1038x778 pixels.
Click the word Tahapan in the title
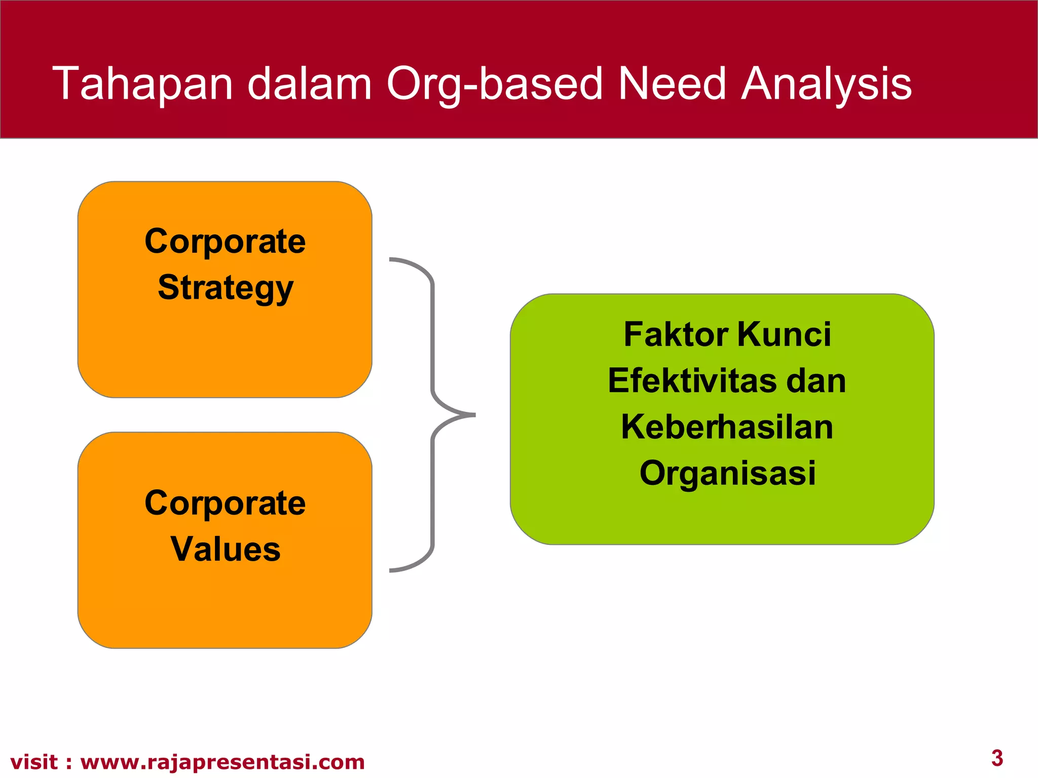pos(142,84)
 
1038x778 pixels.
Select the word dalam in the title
pos(310,84)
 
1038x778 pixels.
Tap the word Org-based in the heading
pos(494,84)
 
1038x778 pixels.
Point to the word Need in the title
pos(673,84)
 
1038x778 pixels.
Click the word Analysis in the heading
pos(826,84)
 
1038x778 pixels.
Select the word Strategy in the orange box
pos(226,288)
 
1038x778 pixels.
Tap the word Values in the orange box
pos(226,550)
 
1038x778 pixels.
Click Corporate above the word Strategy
pos(226,241)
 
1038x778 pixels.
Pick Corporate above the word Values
pos(226,503)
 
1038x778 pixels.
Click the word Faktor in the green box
pos(676,335)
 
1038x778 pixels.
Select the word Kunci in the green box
pos(784,335)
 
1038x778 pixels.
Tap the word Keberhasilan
pos(727,427)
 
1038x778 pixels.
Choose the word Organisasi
pos(727,473)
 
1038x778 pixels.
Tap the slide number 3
pos(997,758)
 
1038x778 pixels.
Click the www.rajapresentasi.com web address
pos(223,762)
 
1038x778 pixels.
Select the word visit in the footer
pos(33,762)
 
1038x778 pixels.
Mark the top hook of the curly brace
pos(393,260)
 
